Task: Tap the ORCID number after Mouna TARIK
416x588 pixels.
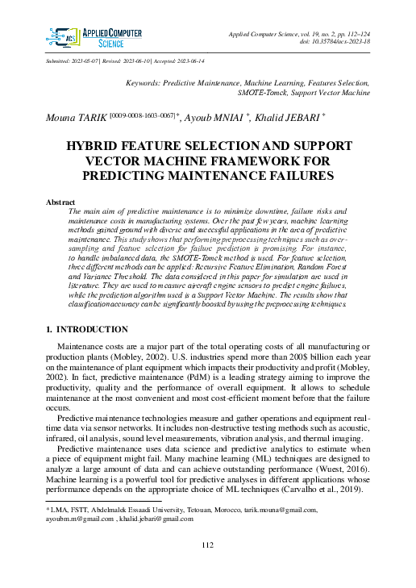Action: (139, 116)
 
